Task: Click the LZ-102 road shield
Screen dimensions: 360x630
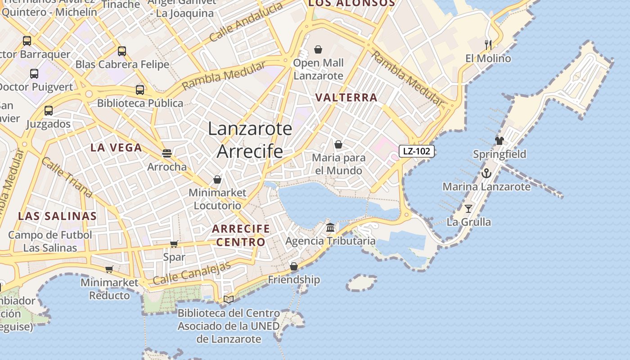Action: tap(416, 151)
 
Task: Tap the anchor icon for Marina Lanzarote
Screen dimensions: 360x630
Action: tap(486, 173)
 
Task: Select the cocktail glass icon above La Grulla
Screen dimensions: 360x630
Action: tap(468, 208)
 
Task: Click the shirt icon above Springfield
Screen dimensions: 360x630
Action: tap(499, 141)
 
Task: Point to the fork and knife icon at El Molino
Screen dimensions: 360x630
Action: tap(488, 45)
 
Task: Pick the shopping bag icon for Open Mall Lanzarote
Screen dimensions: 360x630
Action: tap(318, 49)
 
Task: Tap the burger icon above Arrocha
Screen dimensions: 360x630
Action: tap(167, 153)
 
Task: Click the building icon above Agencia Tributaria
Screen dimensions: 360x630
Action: tap(330, 227)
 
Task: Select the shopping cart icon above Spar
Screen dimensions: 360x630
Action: tap(174, 244)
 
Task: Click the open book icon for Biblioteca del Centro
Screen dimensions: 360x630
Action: tap(229, 299)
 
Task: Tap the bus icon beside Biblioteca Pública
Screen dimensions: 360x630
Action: tap(140, 90)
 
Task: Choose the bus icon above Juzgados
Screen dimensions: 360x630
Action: tap(49, 110)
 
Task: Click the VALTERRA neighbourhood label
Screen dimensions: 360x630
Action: tap(346, 98)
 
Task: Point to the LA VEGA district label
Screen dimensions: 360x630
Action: tap(116, 148)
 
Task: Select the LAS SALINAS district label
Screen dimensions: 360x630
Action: tap(57, 216)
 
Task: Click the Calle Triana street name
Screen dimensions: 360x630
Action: tap(67, 177)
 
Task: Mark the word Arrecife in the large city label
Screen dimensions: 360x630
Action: tap(250, 152)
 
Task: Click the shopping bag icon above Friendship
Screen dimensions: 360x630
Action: tap(294, 266)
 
